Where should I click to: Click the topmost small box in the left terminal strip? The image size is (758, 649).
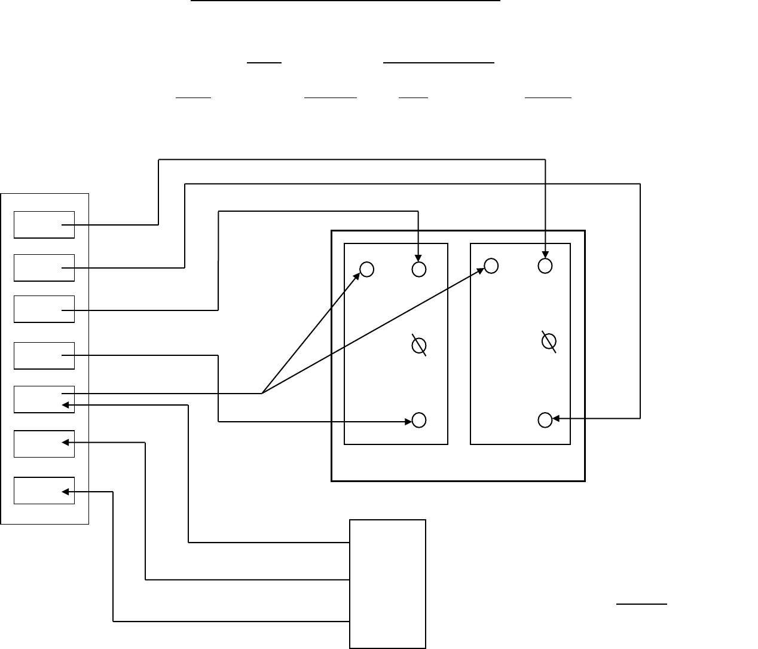[x=44, y=224]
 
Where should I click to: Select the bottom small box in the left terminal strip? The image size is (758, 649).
[x=44, y=490]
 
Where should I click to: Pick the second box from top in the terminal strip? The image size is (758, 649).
[x=44, y=267]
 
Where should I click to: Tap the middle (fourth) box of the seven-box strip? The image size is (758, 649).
[x=44, y=355]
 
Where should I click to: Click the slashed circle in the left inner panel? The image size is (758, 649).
[x=419, y=346]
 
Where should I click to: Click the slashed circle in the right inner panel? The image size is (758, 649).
[x=548, y=341]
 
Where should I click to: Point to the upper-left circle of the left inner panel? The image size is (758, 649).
[x=367, y=270]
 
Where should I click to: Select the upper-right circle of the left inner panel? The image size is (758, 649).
[x=419, y=269]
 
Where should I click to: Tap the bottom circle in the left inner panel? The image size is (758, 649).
[x=419, y=420]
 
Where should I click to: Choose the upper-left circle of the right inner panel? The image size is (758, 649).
[x=491, y=266]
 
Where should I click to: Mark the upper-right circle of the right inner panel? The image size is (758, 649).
[x=545, y=266]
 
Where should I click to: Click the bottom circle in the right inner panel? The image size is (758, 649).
[x=545, y=420]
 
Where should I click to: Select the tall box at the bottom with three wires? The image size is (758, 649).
[x=387, y=583]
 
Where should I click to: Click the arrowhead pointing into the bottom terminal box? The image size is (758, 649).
[x=66, y=492]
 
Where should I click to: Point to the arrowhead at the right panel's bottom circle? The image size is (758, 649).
[x=556, y=418]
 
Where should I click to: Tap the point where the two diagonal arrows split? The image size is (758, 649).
[x=262, y=394]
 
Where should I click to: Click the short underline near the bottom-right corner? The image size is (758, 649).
[x=641, y=604]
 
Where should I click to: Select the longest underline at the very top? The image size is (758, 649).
[x=345, y=1]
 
